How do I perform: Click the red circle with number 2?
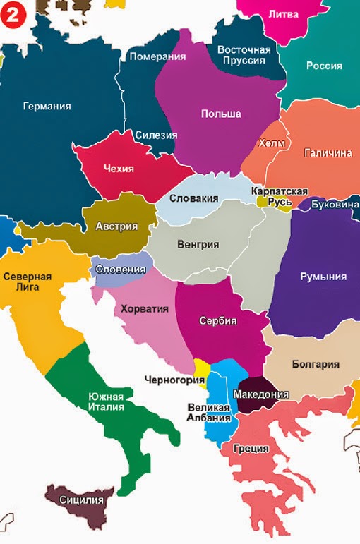13,13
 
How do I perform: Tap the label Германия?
47,107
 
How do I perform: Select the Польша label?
220,114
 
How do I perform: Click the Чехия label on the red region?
119,169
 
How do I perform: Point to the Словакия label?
193,199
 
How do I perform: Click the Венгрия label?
198,245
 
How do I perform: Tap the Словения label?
121,270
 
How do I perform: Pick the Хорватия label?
145,308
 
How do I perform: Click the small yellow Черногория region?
201,368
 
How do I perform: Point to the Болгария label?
315,365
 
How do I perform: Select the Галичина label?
328,152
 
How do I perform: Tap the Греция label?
250,448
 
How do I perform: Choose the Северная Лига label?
27,282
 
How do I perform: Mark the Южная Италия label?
106,401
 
